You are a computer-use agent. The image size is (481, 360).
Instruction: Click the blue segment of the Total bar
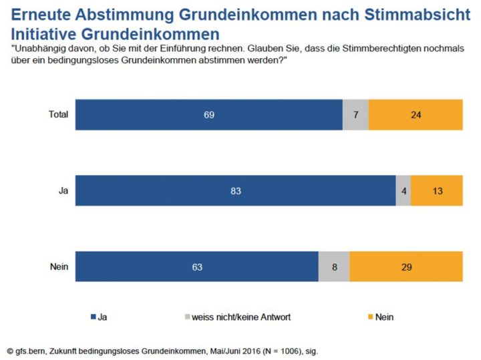coord(208,114)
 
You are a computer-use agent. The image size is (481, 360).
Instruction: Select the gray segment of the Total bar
coord(355,114)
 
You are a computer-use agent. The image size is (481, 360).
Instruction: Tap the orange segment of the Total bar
coord(415,114)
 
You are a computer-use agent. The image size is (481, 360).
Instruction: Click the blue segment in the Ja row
coord(235,191)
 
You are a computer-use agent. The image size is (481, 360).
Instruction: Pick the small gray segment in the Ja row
coord(403,191)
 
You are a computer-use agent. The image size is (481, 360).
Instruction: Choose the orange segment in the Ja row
coord(436,191)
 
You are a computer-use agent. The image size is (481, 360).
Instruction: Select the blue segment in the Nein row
coord(196,267)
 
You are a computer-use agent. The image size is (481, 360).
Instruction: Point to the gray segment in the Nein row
coord(334,267)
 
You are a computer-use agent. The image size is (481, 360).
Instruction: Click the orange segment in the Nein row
coord(406,267)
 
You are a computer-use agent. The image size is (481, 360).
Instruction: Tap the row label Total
coord(59,114)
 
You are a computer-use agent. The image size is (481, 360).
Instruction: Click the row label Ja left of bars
coord(63,191)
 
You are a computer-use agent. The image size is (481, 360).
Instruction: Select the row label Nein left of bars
coord(60,267)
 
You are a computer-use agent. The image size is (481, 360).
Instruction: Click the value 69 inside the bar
coord(208,114)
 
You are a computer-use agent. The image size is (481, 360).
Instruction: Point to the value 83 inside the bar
coord(235,191)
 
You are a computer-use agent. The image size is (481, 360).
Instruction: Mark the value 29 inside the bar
coord(406,267)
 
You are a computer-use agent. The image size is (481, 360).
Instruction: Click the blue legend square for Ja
coord(92,317)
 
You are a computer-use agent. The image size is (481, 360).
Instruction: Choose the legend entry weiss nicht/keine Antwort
coord(241,317)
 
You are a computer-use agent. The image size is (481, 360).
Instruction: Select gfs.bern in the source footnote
coord(31,350)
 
